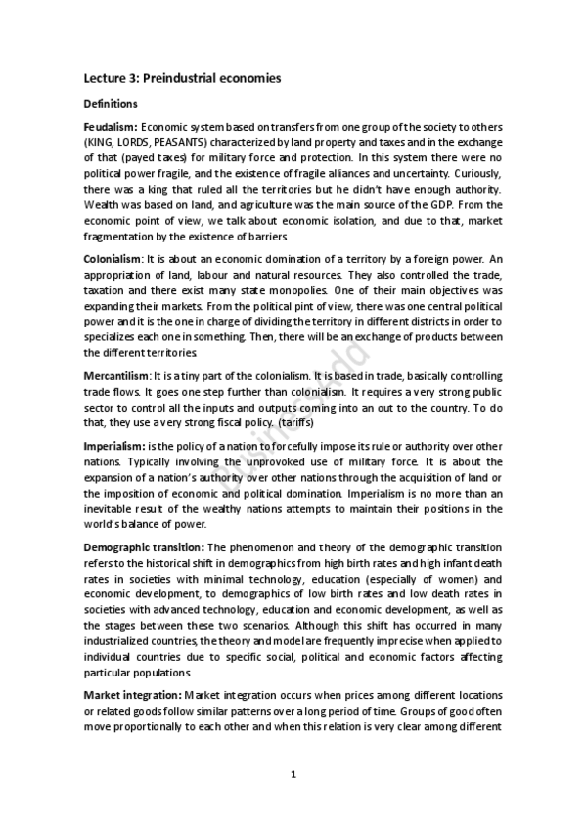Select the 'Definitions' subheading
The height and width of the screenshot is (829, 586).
pyautogui.click(x=111, y=103)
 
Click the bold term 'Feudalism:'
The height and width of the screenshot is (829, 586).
pyautogui.click(x=111, y=127)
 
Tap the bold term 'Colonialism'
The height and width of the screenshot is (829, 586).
pyautogui.click(x=113, y=285)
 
